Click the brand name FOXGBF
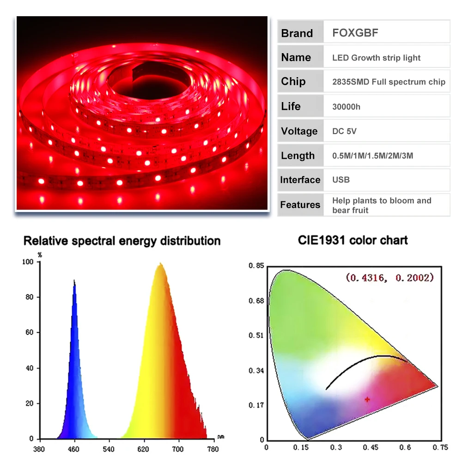point(355,33)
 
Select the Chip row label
point(293,81)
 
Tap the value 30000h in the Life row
point(346,107)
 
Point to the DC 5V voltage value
point(344,131)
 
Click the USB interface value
point(341,180)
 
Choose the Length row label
point(298,156)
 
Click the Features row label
point(300,205)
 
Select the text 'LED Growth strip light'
point(376,58)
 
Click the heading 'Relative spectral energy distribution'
point(122,241)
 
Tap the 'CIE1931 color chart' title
point(353,240)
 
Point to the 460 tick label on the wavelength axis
point(73,449)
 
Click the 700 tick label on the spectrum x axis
point(178,449)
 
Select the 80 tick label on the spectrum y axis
point(30,297)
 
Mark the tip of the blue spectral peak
point(74,280)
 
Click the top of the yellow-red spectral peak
point(160,263)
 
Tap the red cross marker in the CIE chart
point(367,400)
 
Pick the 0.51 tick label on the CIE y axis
point(256,335)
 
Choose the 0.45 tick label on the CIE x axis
point(371,447)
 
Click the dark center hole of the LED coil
point(150,84)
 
